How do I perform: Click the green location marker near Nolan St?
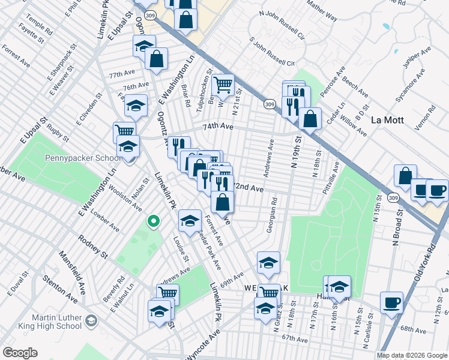(153, 222)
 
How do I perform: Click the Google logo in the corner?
(20, 353)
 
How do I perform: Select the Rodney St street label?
(92, 247)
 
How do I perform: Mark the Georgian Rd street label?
(272, 215)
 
